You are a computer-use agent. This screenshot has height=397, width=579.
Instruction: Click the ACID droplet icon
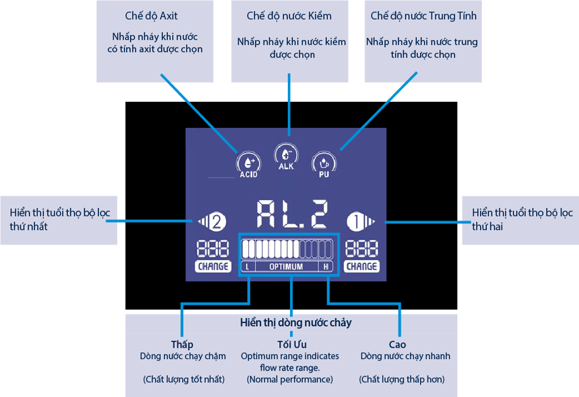(248, 163)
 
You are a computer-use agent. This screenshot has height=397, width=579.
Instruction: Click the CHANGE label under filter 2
(213, 266)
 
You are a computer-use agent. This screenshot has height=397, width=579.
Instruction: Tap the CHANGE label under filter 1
(361, 266)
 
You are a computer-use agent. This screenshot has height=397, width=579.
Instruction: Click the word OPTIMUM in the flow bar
(286, 266)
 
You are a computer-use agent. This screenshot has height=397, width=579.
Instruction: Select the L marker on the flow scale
(248, 266)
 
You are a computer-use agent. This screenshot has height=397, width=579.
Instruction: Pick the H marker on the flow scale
(326, 266)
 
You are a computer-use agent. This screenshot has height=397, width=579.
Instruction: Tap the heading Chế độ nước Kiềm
(289, 16)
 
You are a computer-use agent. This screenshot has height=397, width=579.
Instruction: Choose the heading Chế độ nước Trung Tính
(424, 16)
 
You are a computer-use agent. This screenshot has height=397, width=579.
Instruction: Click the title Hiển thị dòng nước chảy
(295, 323)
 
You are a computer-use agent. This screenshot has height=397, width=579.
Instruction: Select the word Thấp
(182, 344)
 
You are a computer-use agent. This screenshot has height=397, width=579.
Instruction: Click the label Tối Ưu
(292, 344)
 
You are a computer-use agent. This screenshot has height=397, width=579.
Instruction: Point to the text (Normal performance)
(289, 379)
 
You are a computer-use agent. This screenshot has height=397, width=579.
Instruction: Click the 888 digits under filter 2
(213, 249)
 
